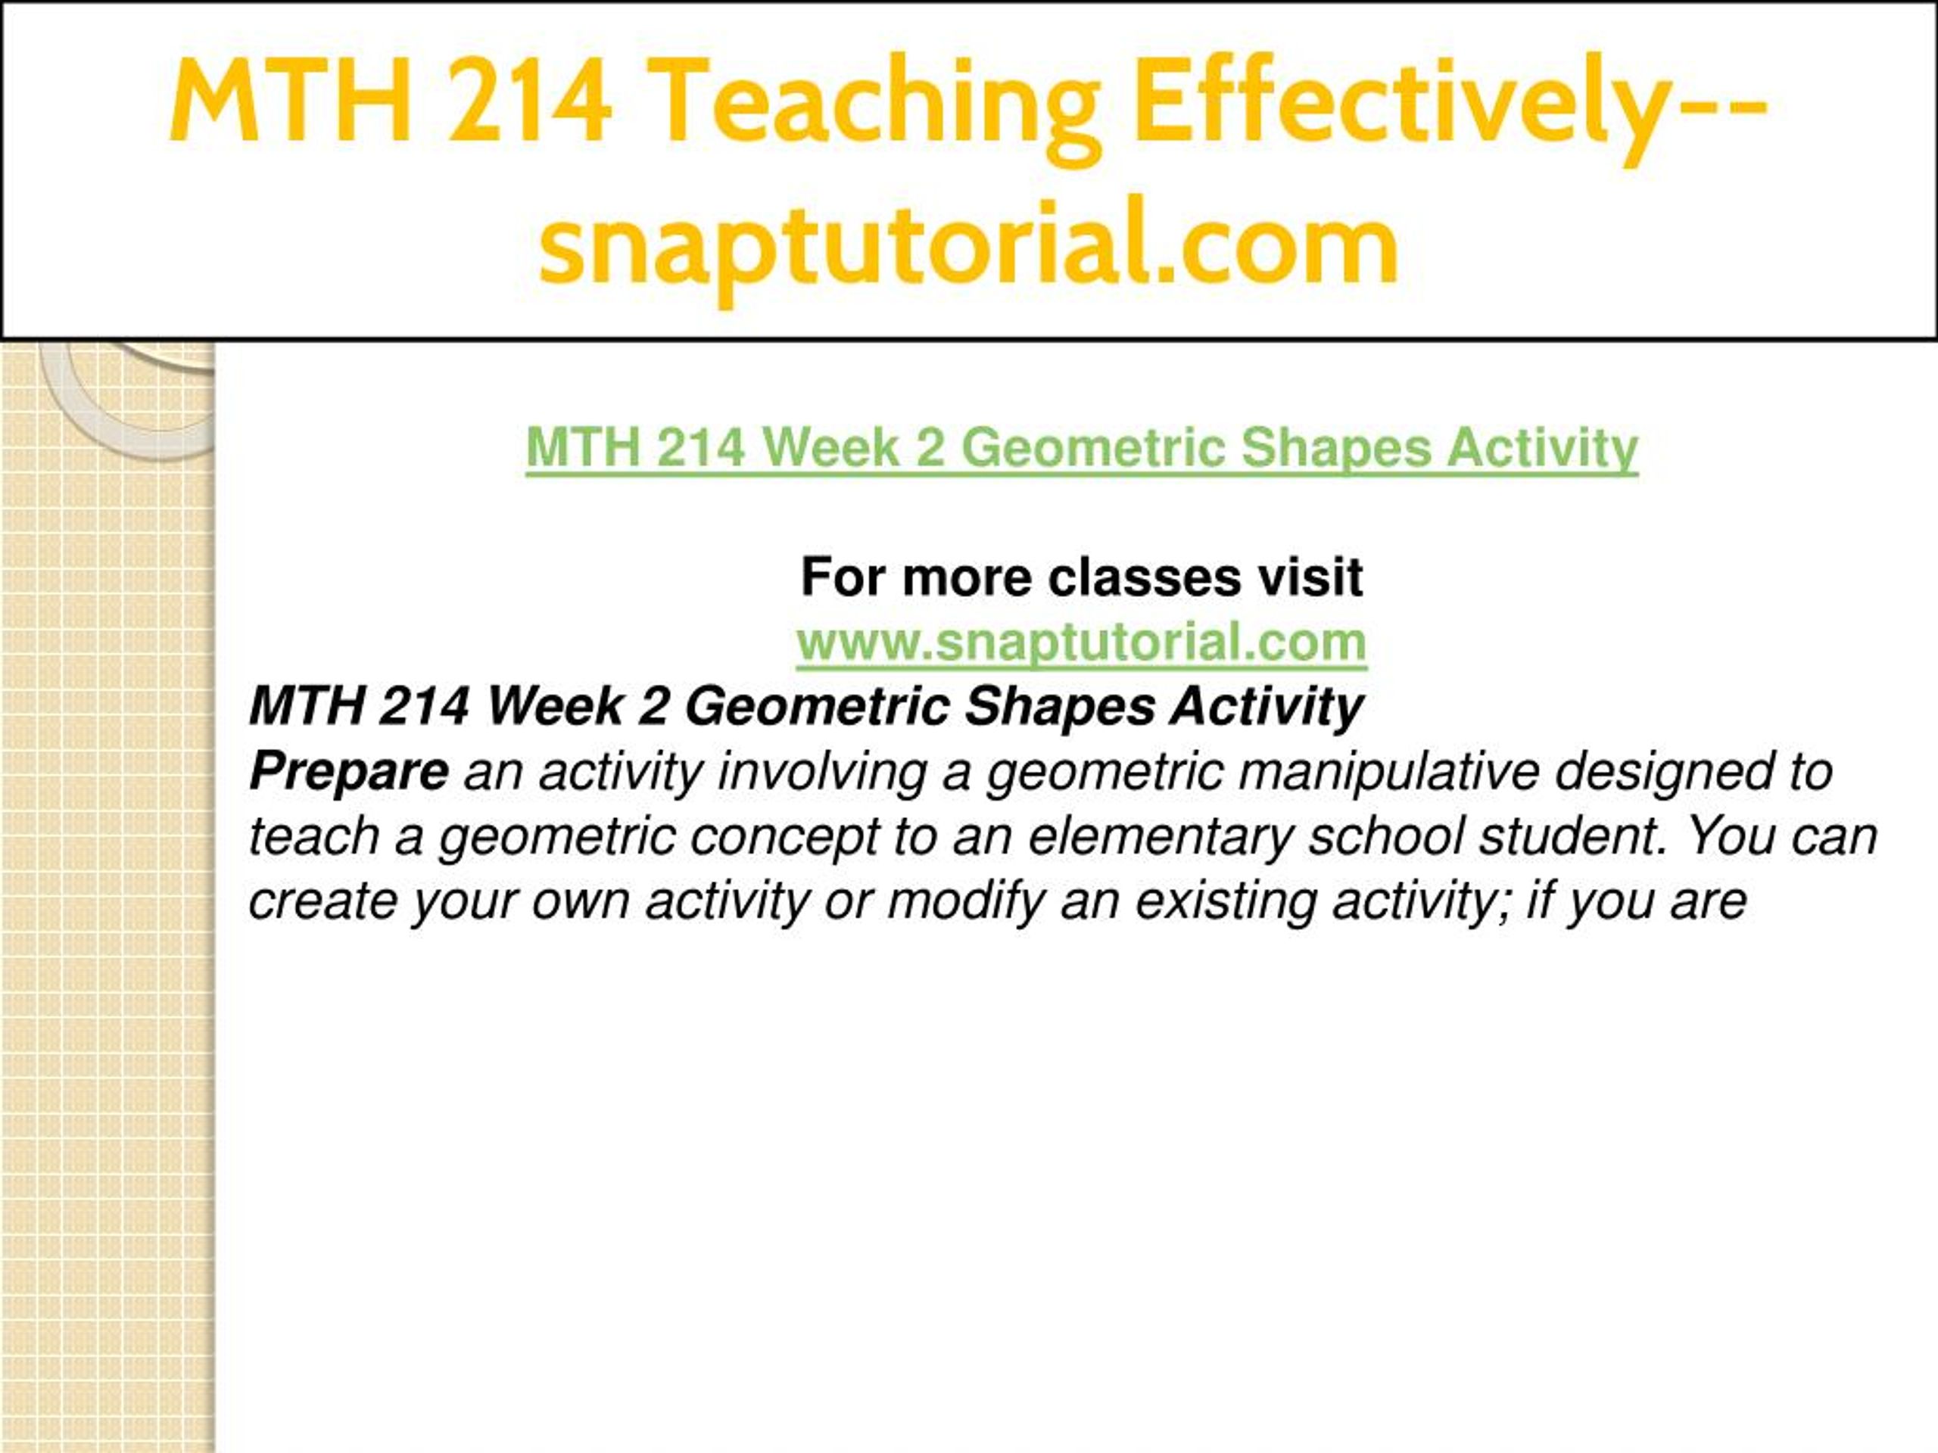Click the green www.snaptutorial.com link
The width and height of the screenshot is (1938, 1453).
pos(1082,642)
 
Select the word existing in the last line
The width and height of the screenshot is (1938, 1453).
pos(1226,902)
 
